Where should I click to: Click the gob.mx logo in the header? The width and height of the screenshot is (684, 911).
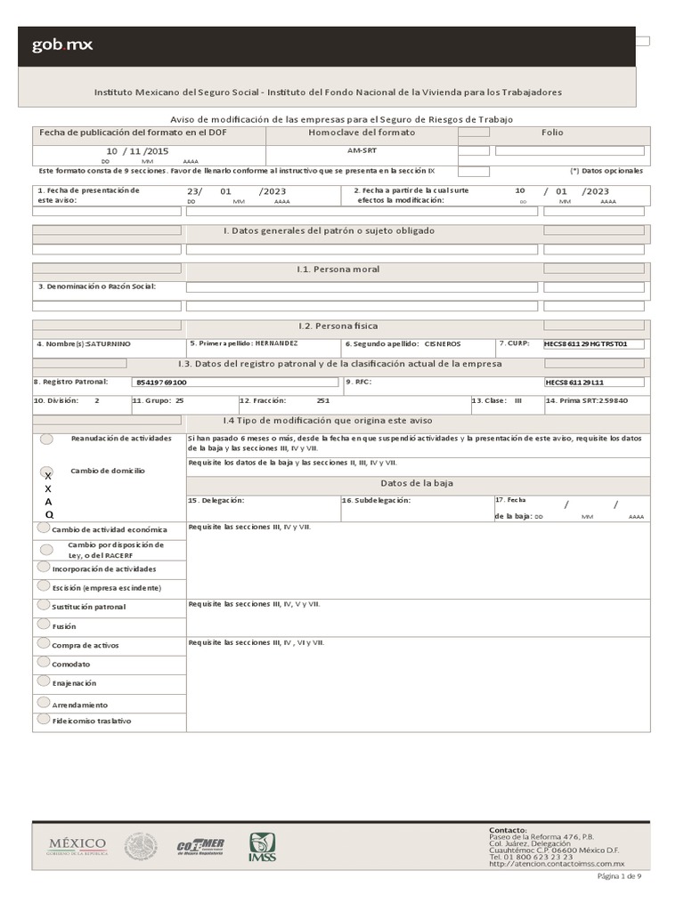coord(62,45)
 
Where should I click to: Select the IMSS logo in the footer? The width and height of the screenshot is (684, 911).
coord(262,847)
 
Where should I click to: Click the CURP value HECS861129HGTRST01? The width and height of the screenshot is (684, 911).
coord(592,343)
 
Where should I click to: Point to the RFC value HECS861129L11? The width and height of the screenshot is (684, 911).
coord(574,382)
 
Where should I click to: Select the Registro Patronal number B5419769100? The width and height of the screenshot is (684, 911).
coord(161,382)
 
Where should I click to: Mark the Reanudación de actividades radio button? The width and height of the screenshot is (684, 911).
coord(45,439)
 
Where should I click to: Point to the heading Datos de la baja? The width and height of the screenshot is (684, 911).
coord(416,482)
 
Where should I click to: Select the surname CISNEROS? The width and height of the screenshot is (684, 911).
coord(443,343)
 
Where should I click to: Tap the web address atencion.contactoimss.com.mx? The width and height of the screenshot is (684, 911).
coord(557,864)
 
